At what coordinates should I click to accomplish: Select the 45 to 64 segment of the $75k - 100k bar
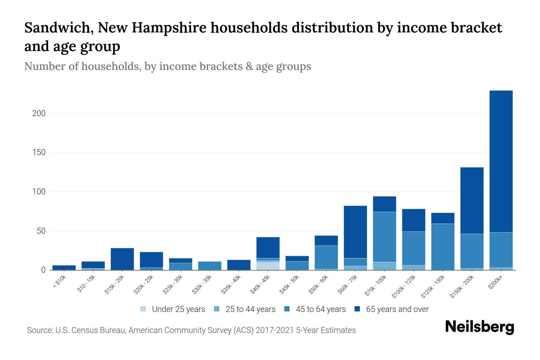click(x=384, y=237)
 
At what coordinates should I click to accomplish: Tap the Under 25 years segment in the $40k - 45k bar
click(x=268, y=266)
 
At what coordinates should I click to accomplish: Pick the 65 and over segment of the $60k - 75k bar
click(x=355, y=232)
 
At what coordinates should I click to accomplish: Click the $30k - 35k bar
click(x=210, y=266)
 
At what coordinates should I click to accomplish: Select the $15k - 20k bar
click(x=122, y=259)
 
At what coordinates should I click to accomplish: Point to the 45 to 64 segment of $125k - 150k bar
click(x=443, y=247)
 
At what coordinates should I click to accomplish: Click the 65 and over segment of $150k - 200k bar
click(x=472, y=200)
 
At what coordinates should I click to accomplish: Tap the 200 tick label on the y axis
click(x=39, y=113)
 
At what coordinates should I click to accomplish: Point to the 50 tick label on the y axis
click(x=41, y=231)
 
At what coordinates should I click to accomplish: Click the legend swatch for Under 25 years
click(x=143, y=309)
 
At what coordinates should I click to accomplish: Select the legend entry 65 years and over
click(x=397, y=309)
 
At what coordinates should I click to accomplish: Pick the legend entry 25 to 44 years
click(x=250, y=309)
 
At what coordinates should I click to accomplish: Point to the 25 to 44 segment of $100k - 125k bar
click(x=413, y=268)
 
